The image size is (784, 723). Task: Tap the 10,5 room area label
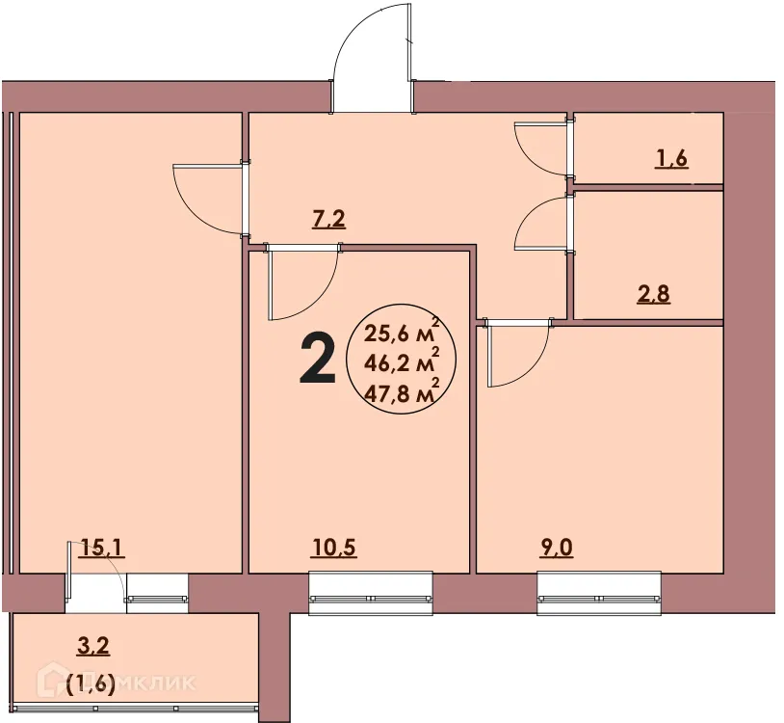(x=334, y=549)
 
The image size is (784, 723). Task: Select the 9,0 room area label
(x=556, y=549)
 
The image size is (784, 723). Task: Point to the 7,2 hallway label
(x=328, y=220)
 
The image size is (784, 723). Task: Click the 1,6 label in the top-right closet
(x=671, y=160)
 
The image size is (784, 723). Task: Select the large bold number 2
(x=318, y=358)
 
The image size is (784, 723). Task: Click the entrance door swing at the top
(x=373, y=58)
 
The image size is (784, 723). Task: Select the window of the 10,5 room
(x=370, y=590)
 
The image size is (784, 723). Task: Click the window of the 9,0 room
(x=599, y=590)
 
